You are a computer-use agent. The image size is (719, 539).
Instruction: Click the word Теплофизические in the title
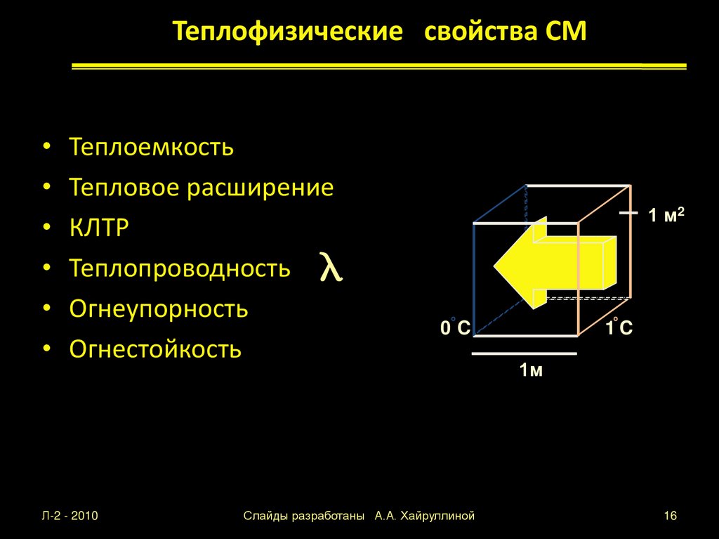click(x=289, y=32)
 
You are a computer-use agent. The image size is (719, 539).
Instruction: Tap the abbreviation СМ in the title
click(x=565, y=32)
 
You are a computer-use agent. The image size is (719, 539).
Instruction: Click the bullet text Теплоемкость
click(x=151, y=148)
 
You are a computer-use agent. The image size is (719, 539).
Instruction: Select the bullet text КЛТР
click(x=99, y=228)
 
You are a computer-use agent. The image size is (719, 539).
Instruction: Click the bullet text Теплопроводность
click(x=180, y=268)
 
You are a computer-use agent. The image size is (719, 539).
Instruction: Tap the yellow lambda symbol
click(x=331, y=268)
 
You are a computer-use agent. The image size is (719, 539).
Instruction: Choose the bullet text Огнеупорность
click(x=159, y=309)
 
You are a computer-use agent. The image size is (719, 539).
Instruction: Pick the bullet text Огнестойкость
click(x=155, y=349)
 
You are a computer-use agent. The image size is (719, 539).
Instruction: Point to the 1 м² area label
click(x=666, y=216)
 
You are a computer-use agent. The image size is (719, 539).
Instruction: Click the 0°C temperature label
click(x=455, y=327)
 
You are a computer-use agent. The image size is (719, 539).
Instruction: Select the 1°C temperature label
click(x=619, y=327)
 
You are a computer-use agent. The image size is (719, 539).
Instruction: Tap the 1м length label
click(x=531, y=370)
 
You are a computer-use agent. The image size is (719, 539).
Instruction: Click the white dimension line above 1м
click(x=524, y=354)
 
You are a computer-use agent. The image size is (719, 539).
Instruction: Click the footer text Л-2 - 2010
click(x=70, y=517)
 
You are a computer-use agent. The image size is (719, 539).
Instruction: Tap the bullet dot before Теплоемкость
click(x=46, y=148)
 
